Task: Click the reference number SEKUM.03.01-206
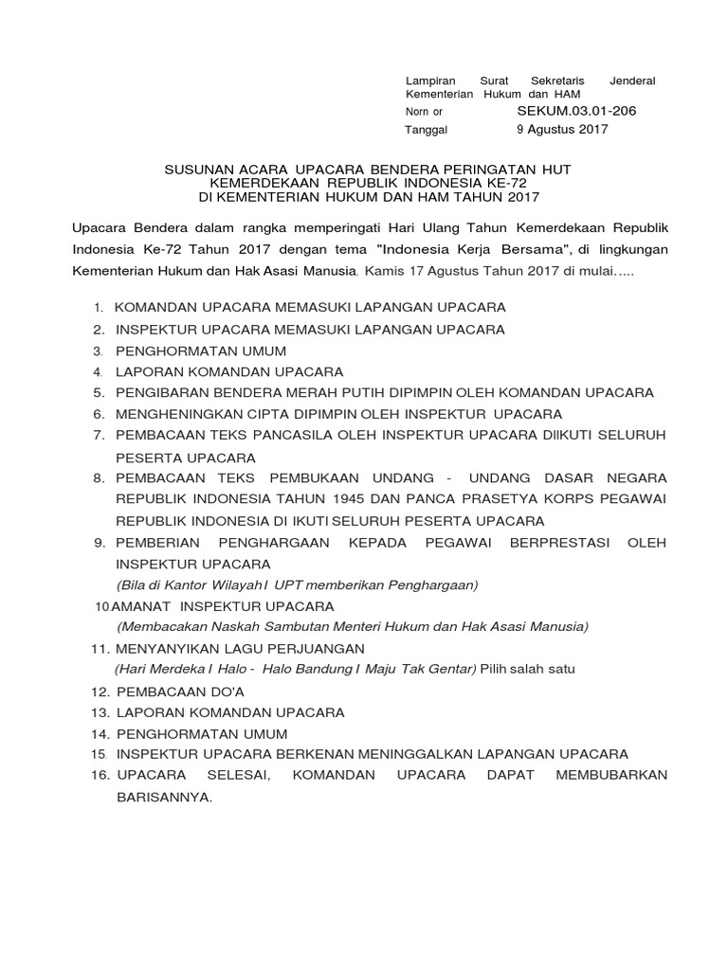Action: (576, 111)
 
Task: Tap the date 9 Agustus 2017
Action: (562, 130)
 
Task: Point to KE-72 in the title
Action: (510, 182)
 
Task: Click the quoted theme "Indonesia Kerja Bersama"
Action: (472, 249)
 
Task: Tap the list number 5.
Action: (98, 392)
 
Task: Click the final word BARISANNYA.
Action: (164, 798)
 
